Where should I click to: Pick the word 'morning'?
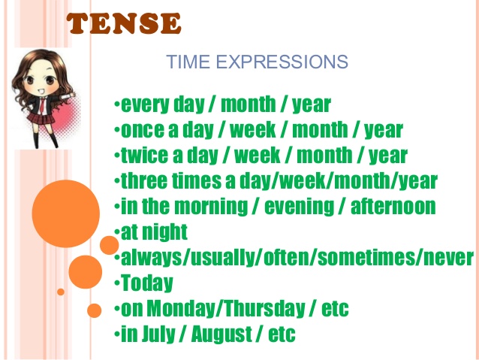click(214, 206)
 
